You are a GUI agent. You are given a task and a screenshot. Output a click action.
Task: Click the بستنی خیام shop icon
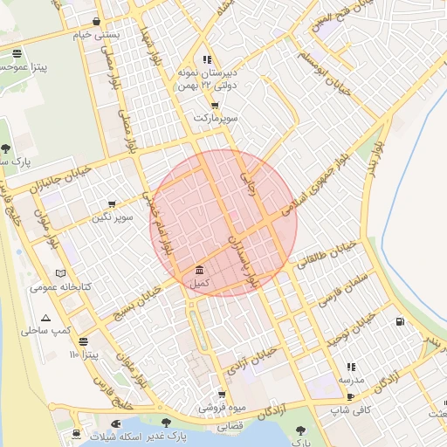95,21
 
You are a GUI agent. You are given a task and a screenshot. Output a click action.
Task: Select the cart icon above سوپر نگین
112,203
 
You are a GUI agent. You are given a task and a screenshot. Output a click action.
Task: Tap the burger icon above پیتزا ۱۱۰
83,341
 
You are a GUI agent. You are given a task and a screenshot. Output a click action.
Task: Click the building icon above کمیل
200,270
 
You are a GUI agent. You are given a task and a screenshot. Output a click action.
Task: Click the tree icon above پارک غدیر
165,422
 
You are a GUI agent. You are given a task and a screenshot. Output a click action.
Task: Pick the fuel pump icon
400,321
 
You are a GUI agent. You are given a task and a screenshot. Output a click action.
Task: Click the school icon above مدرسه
351,368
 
